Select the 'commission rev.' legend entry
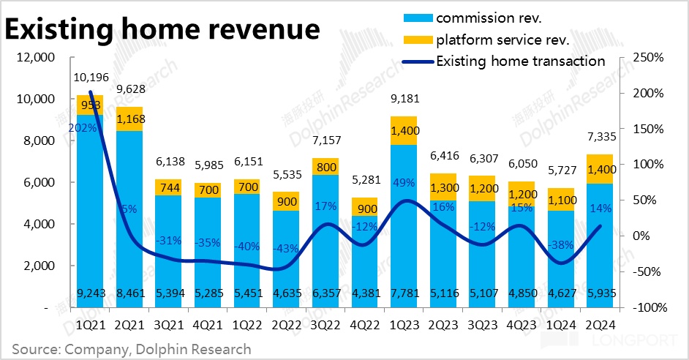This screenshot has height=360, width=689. (489, 17)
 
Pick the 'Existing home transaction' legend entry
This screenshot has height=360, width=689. (520, 61)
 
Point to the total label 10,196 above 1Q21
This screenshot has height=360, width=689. (90, 77)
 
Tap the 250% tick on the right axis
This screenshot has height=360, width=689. (648, 58)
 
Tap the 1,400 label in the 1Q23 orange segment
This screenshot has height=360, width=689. (404, 131)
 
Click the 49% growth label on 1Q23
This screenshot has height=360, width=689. (404, 182)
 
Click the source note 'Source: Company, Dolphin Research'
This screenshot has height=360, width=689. (132, 349)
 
